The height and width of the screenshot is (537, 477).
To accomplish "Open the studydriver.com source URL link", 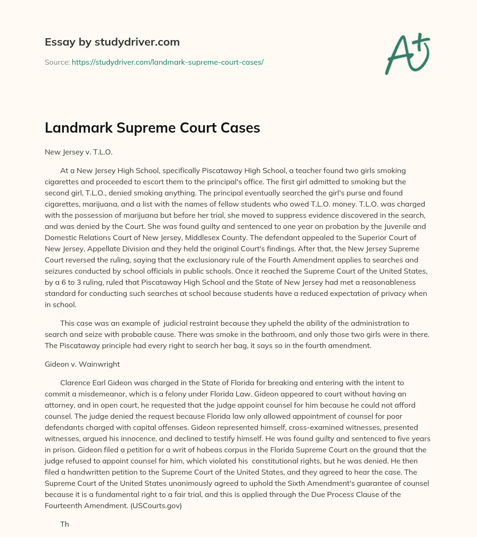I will click(x=168, y=62).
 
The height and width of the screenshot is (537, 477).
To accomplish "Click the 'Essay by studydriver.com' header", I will click(x=112, y=42).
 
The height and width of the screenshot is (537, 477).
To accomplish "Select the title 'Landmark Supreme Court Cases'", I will click(x=152, y=128).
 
